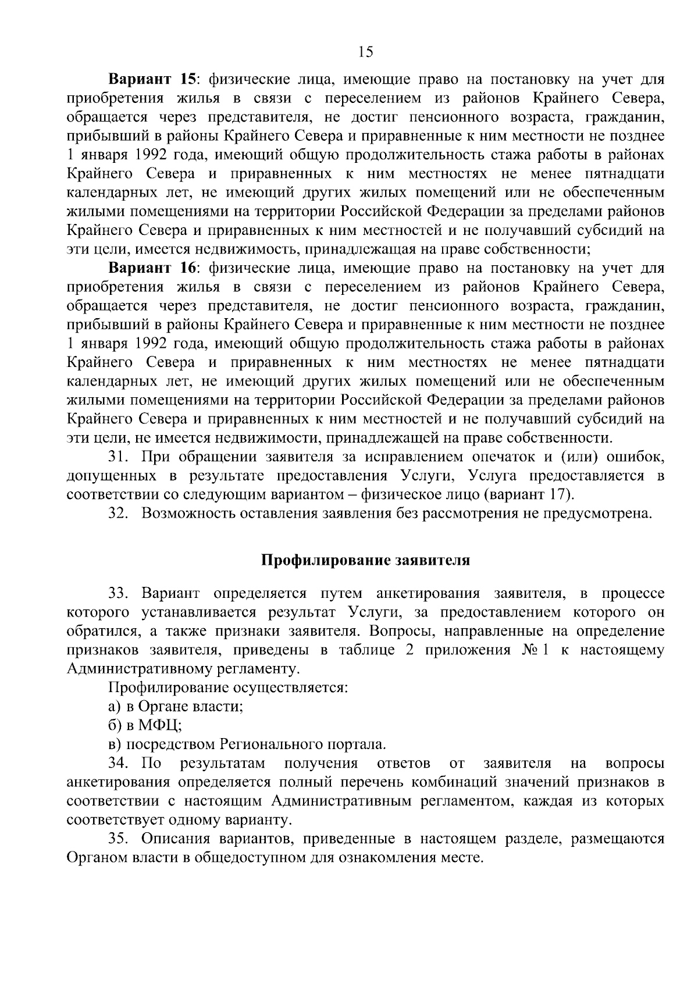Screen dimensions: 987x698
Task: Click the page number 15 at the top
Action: tap(366, 52)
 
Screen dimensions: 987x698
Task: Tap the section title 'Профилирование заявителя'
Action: tap(365, 561)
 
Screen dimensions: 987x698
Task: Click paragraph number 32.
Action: tap(119, 514)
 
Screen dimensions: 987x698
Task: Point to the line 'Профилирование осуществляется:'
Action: tap(228, 688)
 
